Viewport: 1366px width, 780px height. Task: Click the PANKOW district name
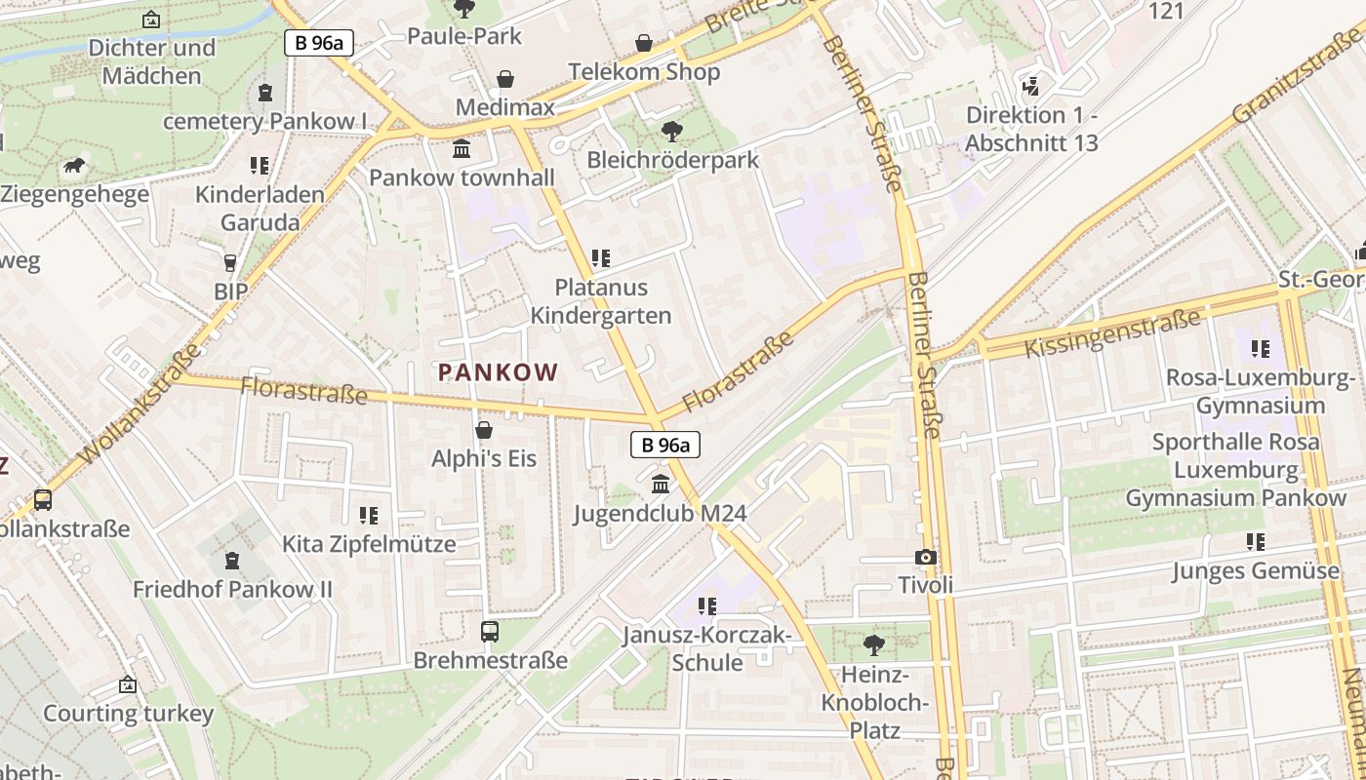(x=498, y=372)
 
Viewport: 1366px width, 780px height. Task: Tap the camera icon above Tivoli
(x=925, y=558)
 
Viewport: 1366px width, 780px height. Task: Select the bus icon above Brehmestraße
(x=490, y=632)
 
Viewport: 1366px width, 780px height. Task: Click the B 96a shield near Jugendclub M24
(x=665, y=446)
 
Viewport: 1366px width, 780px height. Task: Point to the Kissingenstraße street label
(x=1112, y=333)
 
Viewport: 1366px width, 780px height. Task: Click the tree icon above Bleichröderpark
(x=671, y=131)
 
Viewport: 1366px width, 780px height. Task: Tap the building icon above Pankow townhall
(x=462, y=149)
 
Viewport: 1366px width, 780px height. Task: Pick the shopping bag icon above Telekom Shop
(x=644, y=43)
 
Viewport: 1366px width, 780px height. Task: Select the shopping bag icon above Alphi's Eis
(x=483, y=430)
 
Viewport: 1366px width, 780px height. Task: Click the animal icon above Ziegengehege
(x=74, y=166)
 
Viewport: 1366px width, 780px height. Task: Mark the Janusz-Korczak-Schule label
(x=707, y=649)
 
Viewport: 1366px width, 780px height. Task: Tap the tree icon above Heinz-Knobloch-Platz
(x=874, y=644)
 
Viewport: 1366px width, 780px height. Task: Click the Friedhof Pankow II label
(x=232, y=590)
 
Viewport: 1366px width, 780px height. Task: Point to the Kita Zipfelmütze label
(x=369, y=544)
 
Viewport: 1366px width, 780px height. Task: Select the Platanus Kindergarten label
(x=600, y=301)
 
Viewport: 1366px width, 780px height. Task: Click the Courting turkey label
(x=128, y=713)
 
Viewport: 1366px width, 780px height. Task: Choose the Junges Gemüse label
(x=1256, y=570)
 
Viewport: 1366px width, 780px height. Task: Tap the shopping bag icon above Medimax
(x=505, y=79)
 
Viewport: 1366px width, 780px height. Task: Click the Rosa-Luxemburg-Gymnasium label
(x=1261, y=391)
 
